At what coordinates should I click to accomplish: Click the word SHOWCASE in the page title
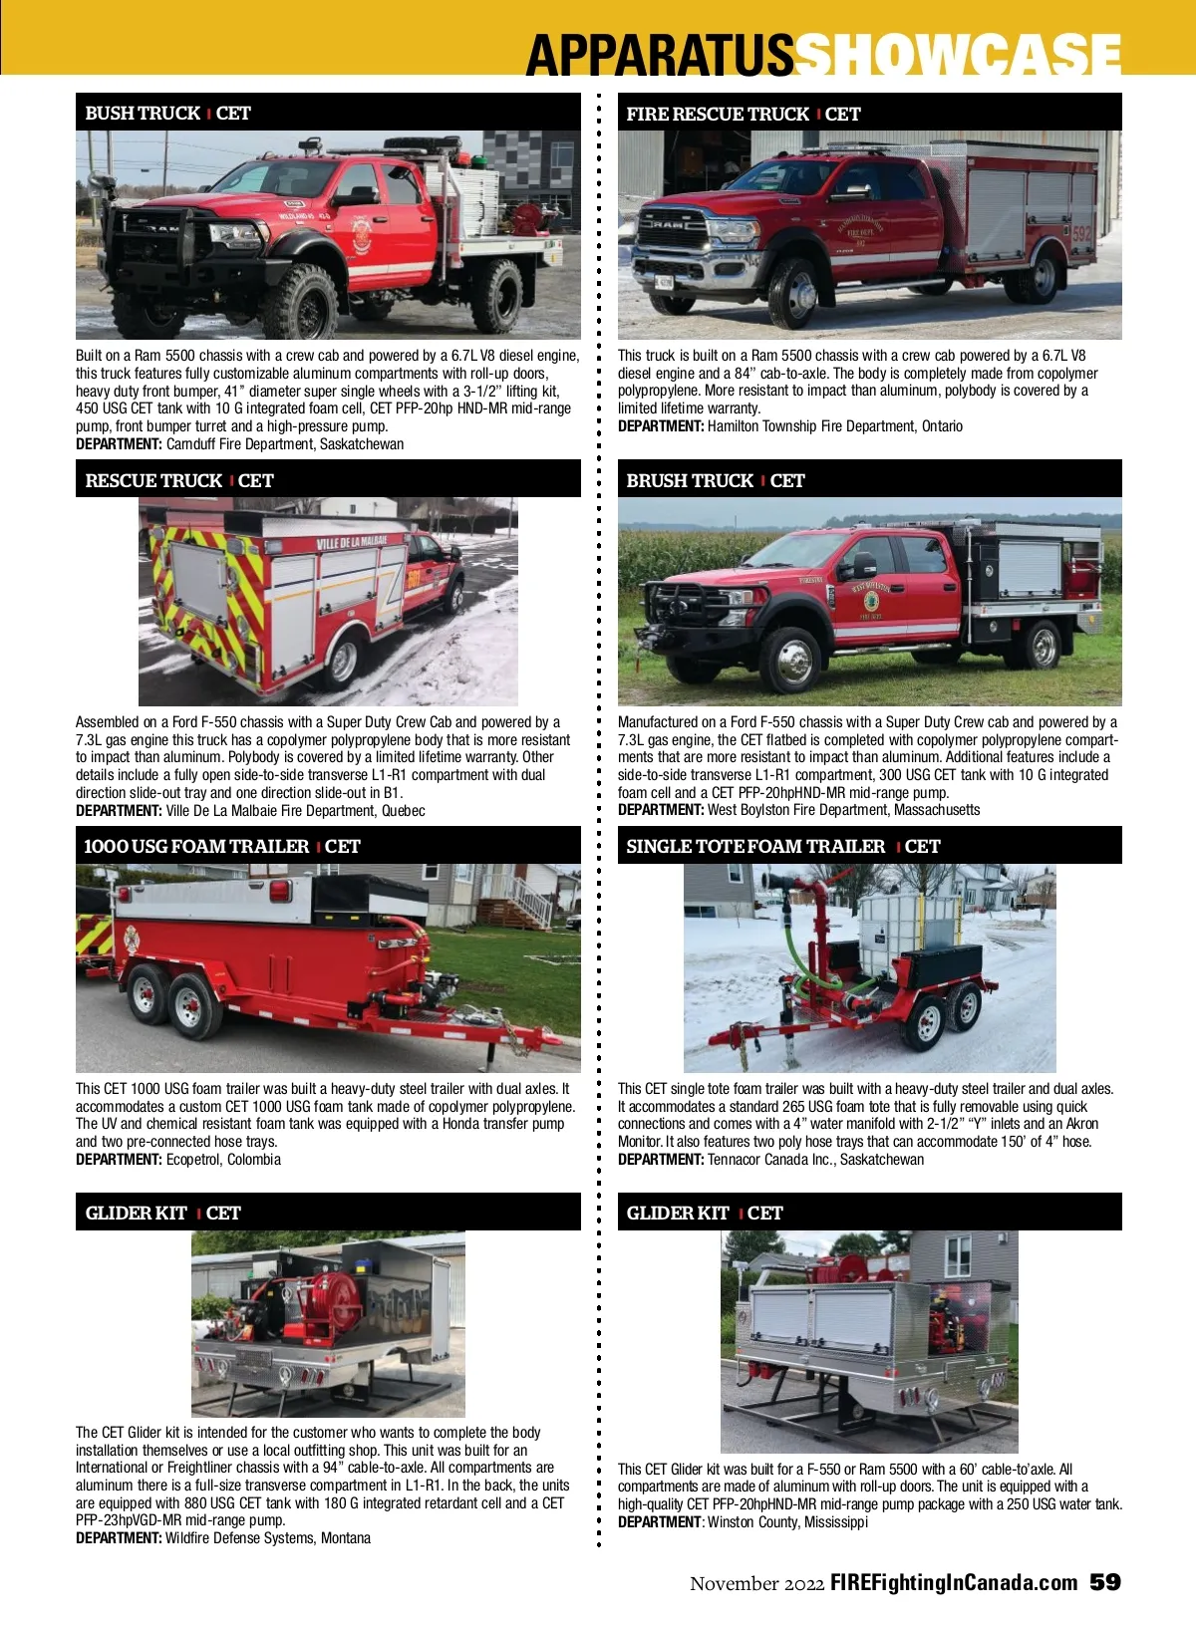tap(959, 55)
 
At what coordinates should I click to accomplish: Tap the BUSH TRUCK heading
tap(143, 114)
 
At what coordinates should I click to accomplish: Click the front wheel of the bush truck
tap(303, 300)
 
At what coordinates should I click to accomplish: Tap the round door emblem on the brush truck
tap(871, 601)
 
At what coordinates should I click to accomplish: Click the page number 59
tap(1104, 1582)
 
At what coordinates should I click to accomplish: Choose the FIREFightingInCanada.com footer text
tap(954, 1583)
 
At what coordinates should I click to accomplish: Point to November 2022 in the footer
tap(756, 1583)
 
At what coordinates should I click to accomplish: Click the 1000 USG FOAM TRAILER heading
tap(196, 847)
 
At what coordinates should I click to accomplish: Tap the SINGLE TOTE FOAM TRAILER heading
tap(755, 847)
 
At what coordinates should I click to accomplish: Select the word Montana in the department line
tap(345, 1538)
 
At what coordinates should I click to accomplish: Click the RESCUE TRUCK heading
tap(153, 480)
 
